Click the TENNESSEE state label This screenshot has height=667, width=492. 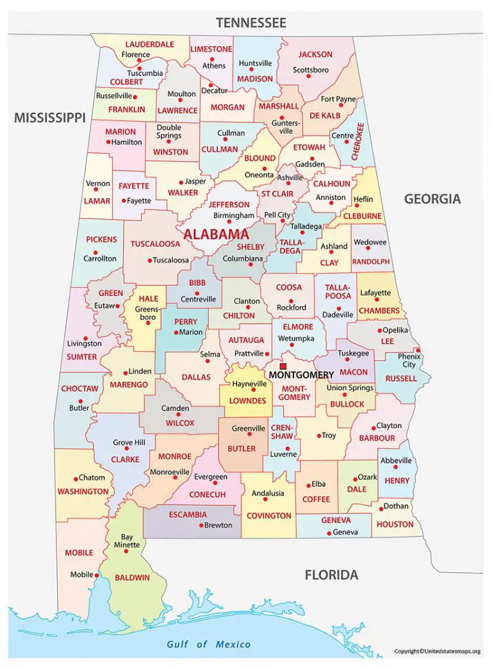[x=250, y=23]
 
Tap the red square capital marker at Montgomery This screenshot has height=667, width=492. [x=283, y=366]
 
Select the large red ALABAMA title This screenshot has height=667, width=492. [x=216, y=235]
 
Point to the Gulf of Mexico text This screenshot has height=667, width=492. [x=209, y=644]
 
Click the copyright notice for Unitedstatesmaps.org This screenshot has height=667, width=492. [x=437, y=652]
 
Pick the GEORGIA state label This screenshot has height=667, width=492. [x=432, y=199]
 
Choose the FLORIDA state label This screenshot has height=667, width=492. [x=331, y=575]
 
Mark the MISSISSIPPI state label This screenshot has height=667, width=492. [x=50, y=117]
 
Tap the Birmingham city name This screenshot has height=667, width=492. [x=234, y=216]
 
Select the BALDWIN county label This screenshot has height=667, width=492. [x=132, y=577]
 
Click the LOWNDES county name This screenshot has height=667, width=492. [x=247, y=400]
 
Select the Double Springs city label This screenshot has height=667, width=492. [x=169, y=132]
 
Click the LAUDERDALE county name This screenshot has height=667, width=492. [x=149, y=45]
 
